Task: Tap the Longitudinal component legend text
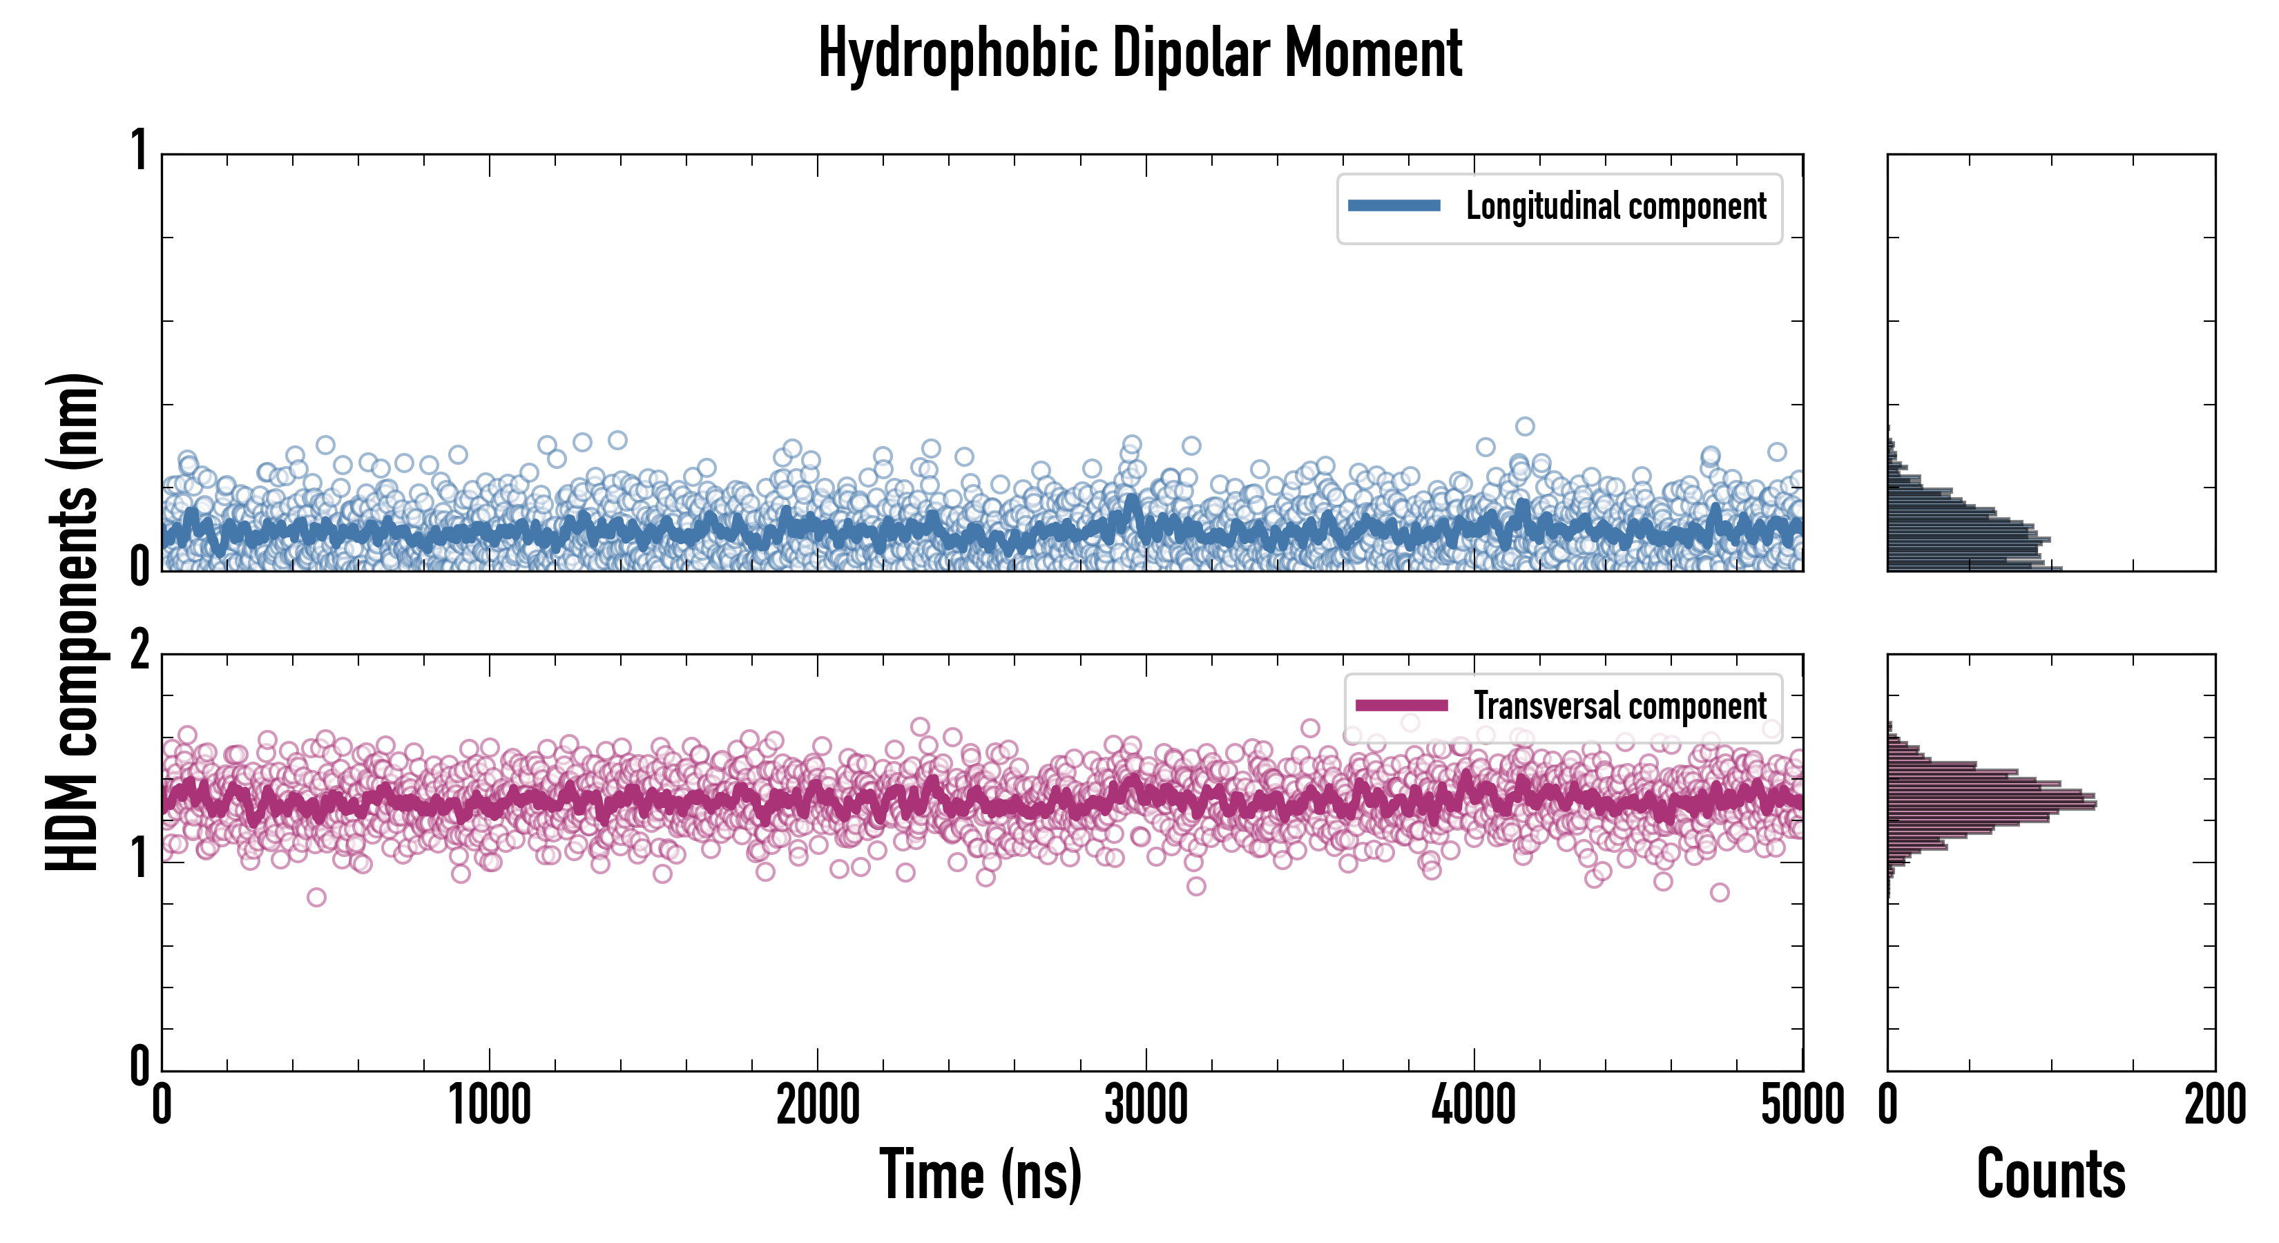(x=1615, y=206)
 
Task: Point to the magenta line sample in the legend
(x=1401, y=706)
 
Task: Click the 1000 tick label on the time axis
(x=489, y=1106)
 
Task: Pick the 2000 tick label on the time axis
(x=818, y=1106)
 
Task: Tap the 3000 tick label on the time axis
(x=1146, y=1106)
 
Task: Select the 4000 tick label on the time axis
(x=1474, y=1106)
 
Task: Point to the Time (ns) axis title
(x=980, y=1175)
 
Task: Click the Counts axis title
(x=2050, y=1175)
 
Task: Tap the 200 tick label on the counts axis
(x=2214, y=1106)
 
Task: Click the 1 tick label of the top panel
(x=139, y=151)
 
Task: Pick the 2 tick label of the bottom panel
(x=139, y=652)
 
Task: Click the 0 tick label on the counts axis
(x=1888, y=1106)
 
